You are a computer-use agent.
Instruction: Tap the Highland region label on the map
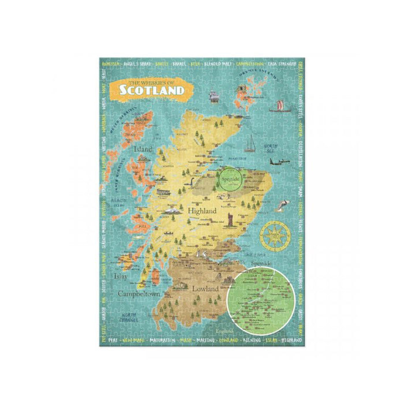click(203, 211)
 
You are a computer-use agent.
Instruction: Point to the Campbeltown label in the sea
click(140, 294)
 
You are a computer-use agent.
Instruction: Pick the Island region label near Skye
click(143, 149)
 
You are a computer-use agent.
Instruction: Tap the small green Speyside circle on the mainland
click(229, 180)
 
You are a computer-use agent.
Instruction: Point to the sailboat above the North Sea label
click(251, 143)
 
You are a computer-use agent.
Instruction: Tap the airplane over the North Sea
click(279, 163)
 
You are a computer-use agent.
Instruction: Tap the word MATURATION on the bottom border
click(164, 341)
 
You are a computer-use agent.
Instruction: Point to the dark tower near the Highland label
click(231, 220)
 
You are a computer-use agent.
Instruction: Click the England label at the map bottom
click(226, 331)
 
